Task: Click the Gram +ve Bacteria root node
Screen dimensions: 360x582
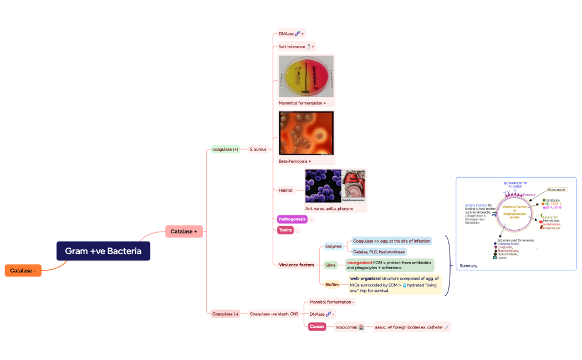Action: (x=103, y=251)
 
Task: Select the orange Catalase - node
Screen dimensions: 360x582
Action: (x=23, y=270)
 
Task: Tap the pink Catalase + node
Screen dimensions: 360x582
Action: (x=184, y=232)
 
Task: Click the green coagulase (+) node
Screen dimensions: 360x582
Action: (x=225, y=149)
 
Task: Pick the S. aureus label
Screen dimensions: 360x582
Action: (x=258, y=149)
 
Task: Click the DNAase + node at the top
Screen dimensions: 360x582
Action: (x=291, y=34)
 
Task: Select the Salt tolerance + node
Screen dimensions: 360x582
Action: (x=296, y=47)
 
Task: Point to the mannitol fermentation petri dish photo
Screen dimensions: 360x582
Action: (x=306, y=76)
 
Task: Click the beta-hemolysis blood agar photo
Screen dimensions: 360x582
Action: (x=306, y=133)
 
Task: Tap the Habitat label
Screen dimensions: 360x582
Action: (x=286, y=190)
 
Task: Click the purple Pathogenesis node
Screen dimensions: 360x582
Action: (x=292, y=219)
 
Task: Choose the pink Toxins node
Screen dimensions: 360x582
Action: (x=285, y=230)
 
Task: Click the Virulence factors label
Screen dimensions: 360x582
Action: (x=297, y=265)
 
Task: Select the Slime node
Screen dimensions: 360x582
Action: (x=330, y=265)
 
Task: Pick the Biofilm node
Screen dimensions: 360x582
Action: (x=332, y=284)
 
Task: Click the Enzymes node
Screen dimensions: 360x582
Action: (x=333, y=246)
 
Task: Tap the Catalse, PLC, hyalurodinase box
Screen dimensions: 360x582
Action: (x=379, y=251)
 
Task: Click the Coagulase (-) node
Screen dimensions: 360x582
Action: (x=225, y=314)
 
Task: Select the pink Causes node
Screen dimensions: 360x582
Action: (x=317, y=327)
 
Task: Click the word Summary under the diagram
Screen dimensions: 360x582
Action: (x=468, y=266)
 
